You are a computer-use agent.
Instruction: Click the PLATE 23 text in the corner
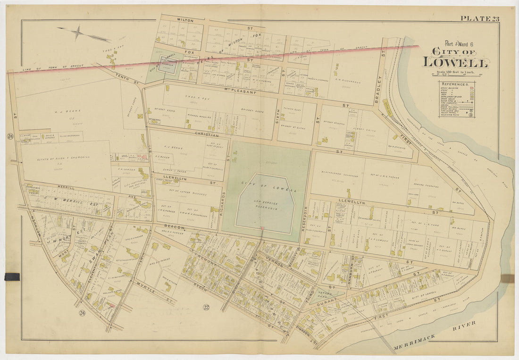(x=479, y=19)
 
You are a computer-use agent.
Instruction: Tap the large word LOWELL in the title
(x=455, y=62)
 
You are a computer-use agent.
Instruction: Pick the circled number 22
(x=206, y=308)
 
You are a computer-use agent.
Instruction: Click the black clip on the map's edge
(x=12, y=276)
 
